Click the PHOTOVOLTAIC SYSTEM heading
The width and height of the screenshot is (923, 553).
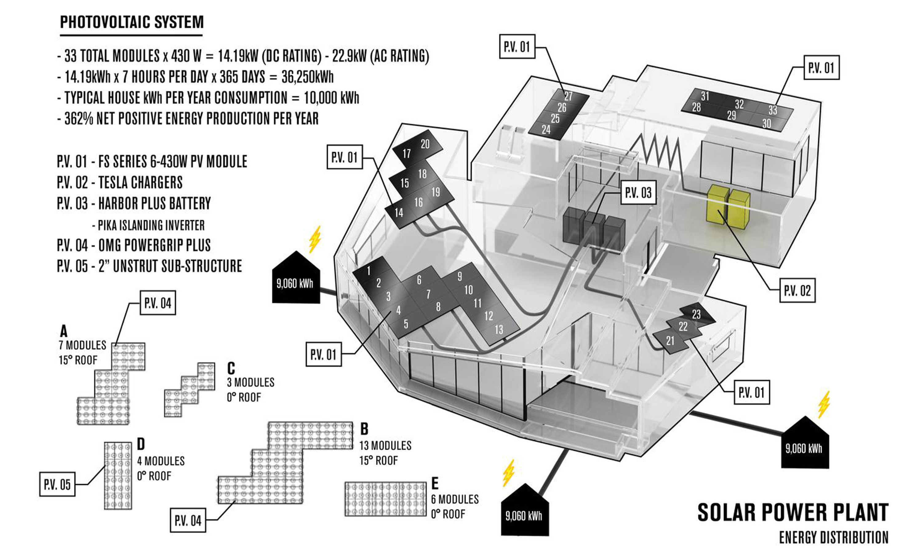click(132, 22)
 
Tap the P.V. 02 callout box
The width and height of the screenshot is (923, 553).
click(797, 290)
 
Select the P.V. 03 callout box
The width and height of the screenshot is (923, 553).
click(638, 193)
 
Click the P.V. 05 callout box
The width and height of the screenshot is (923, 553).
click(57, 484)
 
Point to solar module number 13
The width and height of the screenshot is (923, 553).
click(499, 330)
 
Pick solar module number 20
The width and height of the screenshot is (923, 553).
click(425, 144)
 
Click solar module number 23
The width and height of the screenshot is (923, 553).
click(696, 315)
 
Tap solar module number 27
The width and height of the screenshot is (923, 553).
click(568, 96)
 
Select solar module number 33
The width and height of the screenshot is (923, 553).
click(773, 110)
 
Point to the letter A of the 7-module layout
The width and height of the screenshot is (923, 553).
click(64, 331)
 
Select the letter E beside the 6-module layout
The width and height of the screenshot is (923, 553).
click(435, 483)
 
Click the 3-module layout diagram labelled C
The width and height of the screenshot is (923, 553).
click(190, 390)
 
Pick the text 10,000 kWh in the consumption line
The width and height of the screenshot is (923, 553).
click(331, 98)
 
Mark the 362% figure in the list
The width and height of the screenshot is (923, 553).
click(79, 119)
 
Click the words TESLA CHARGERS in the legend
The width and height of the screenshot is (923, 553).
click(140, 182)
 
